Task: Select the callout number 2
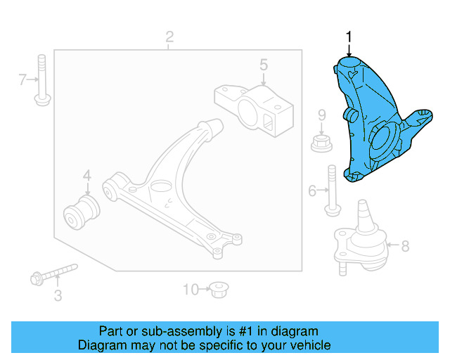click(169, 37)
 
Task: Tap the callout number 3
click(58, 296)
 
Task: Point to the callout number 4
click(87, 176)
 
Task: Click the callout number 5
click(263, 65)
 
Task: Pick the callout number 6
click(313, 190)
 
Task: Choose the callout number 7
click(22, 81)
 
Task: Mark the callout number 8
click(404, 246)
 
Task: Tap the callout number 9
click(321, 115)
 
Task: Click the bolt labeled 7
click(41, 81)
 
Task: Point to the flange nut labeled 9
click(321, 143)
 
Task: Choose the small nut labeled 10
click(219, 288)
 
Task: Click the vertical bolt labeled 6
click(331, 190)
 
